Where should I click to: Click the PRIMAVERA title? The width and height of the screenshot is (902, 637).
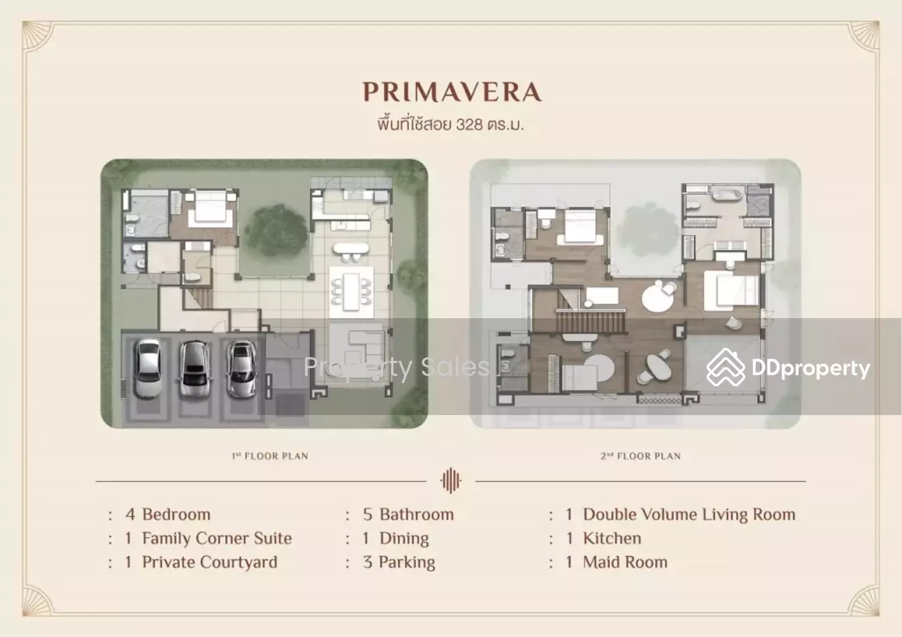point(452,92)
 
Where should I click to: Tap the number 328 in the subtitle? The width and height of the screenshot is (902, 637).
point(469,125)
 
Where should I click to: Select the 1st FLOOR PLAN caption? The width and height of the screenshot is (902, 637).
point(270,456)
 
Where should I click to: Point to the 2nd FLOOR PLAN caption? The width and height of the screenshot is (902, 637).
point(640,456)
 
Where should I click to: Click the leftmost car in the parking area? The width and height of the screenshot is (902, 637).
point(148,369)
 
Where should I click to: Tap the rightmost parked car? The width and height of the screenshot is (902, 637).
point(241,369)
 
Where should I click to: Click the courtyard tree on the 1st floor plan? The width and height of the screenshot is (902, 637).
point(276,230)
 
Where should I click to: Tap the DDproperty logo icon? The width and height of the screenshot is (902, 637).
point(726,368)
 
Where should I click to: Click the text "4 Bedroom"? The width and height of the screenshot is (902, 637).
point(168,514)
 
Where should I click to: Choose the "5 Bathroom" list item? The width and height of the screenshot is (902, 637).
point(408,514)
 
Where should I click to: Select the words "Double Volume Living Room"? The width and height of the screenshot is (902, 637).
point(689,514)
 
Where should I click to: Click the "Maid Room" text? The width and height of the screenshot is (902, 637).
point(625,562)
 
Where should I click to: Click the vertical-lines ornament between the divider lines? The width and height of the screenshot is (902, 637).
point(450,480)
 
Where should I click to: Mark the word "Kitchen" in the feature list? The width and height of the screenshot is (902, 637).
point(612,538)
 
